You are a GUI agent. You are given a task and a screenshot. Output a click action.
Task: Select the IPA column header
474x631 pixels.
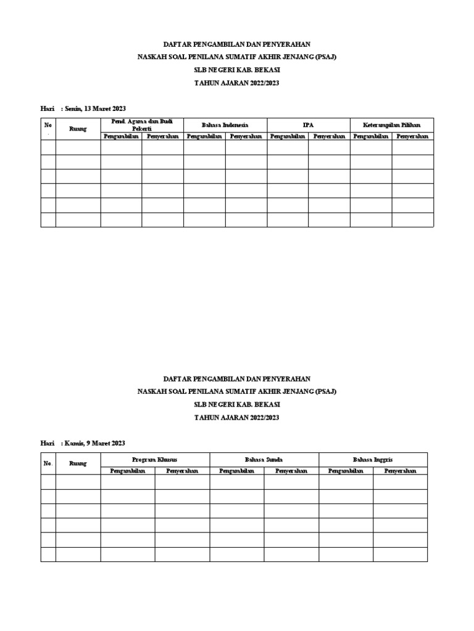tap(308, 124)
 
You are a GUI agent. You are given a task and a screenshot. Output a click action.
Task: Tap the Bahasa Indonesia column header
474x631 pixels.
tap(225, 124)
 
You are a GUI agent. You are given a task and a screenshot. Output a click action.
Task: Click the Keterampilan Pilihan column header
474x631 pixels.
tap(393, 124)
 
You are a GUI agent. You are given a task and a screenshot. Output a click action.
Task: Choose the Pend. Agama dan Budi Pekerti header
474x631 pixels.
tap(142, 124)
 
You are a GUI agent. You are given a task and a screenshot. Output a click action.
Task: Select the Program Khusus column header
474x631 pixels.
tap(155, 460)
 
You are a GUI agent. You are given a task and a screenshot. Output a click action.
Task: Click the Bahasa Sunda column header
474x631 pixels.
tap(264, 460)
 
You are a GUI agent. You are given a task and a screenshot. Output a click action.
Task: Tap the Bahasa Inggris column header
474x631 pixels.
tap(373, 460)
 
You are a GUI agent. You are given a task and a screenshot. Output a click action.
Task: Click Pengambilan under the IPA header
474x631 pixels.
tap(288, 136)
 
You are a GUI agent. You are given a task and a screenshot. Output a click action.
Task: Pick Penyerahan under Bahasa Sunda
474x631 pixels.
tap(291, 471)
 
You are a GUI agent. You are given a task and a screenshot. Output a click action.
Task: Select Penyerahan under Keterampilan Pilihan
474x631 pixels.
tap(413, 136)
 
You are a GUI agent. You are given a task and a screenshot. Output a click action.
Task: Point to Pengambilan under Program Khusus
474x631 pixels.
tap(128, 471)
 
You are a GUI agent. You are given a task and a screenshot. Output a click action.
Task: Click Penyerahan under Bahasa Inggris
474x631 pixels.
tap(400, 471)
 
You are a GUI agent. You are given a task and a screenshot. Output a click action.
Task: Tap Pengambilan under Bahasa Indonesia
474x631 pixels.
tap(204, 136)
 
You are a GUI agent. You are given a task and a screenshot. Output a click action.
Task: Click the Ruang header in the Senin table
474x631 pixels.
tap(78, 129)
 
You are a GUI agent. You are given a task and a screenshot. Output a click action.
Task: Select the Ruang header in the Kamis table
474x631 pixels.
tap(78, 463)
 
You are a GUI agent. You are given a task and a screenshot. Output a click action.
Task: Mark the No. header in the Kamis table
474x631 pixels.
tap(48, 463)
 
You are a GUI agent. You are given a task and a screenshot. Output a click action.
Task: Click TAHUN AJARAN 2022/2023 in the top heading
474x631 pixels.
tap(237, 83)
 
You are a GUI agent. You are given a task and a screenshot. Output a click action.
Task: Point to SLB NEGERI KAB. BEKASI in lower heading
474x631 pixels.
tap(237, 404)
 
